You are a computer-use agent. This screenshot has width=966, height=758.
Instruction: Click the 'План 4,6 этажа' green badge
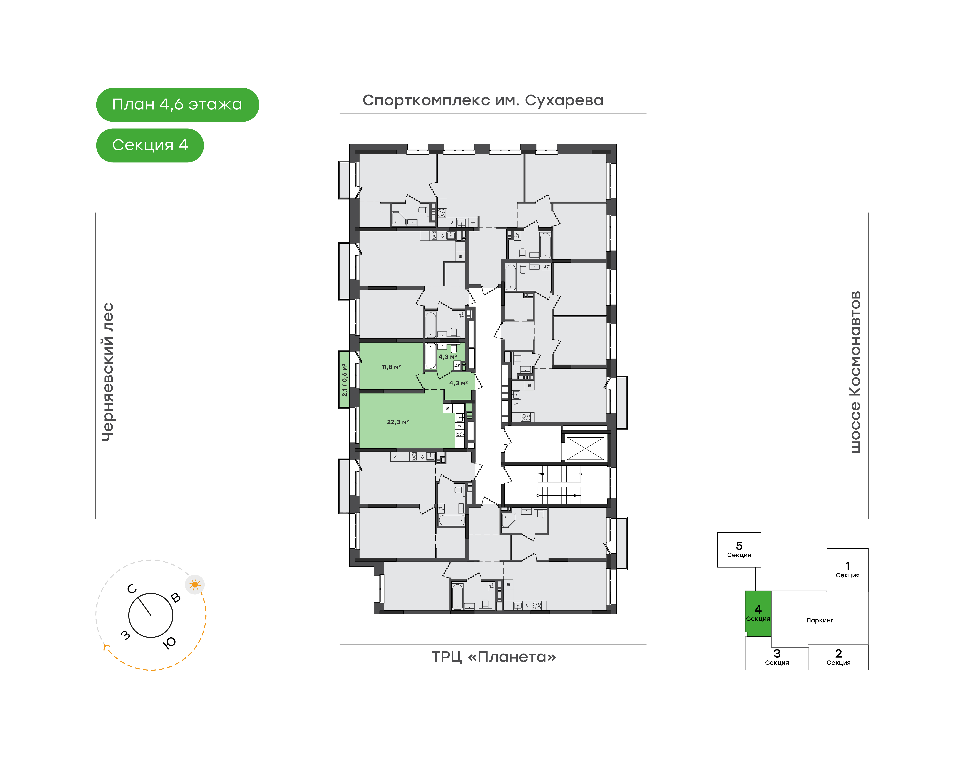(177, 105)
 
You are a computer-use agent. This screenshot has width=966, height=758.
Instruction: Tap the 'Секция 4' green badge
(150, 146)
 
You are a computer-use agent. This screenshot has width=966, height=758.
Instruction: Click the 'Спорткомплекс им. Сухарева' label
(483, 101)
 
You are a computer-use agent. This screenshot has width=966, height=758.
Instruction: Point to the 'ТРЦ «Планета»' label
(493, 657)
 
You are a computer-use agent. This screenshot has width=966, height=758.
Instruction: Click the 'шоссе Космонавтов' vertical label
(855, 372)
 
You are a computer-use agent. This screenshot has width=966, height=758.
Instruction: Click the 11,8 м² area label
(391, 367)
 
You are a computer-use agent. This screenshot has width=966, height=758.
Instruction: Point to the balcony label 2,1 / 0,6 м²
(344, 380)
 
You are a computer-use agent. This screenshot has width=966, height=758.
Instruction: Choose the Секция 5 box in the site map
(739, 550)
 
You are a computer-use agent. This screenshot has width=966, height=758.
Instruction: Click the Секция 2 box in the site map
(838, 657)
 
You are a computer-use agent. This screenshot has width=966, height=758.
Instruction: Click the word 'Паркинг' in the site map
(819, 621)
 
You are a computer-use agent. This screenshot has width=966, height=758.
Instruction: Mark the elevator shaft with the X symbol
(585, 448)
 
